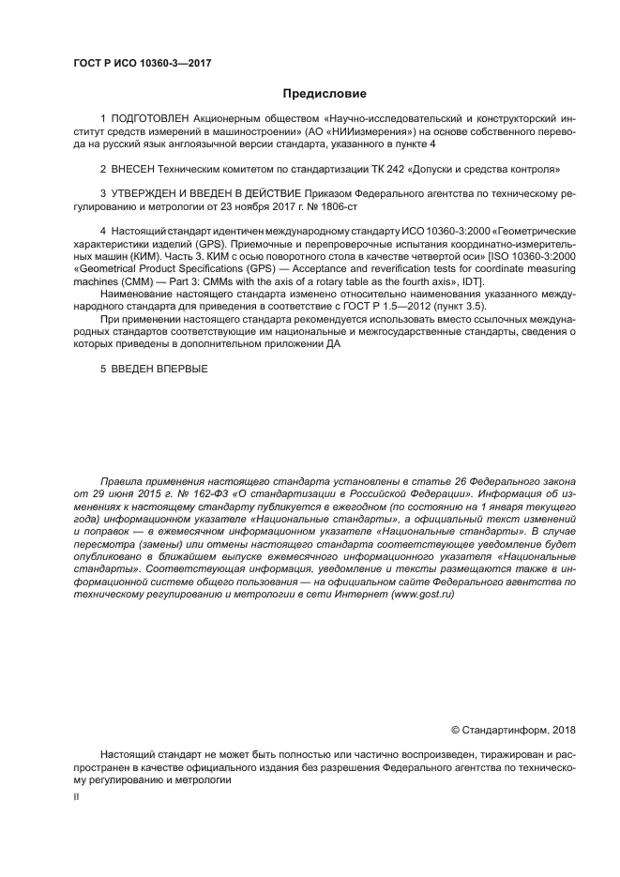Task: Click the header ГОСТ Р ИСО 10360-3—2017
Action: point(141,63)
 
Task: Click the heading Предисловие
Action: point(325,94)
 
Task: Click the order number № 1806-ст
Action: point(337,205)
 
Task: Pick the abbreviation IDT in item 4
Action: point(474,283)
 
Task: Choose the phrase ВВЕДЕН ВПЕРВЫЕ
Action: point(160,369)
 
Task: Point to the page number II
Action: point(77,795)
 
